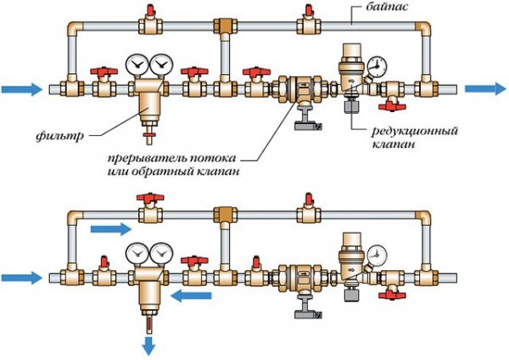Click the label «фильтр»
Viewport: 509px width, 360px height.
60,135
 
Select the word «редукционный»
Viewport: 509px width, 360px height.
415,132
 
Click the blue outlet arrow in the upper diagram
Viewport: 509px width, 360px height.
485,88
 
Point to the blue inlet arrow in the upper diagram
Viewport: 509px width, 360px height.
22,89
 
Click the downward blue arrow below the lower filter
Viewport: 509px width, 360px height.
149,346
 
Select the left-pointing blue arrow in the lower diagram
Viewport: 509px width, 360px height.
191,296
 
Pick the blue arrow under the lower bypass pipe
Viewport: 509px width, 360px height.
110,228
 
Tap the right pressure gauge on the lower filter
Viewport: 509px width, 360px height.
162,252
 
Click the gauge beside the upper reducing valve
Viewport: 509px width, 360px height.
377,66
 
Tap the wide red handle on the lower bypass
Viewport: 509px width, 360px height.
150,197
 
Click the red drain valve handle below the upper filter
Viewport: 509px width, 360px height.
149,134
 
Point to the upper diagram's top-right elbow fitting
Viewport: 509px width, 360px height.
423,29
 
